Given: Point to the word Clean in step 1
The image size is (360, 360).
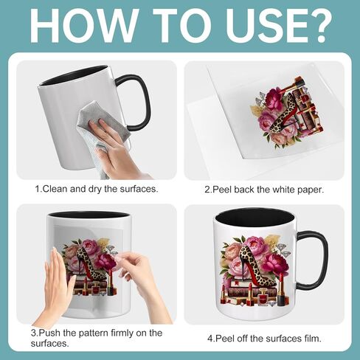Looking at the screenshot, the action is (55, 189).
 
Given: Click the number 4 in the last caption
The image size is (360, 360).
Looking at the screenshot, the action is (210, 339).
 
